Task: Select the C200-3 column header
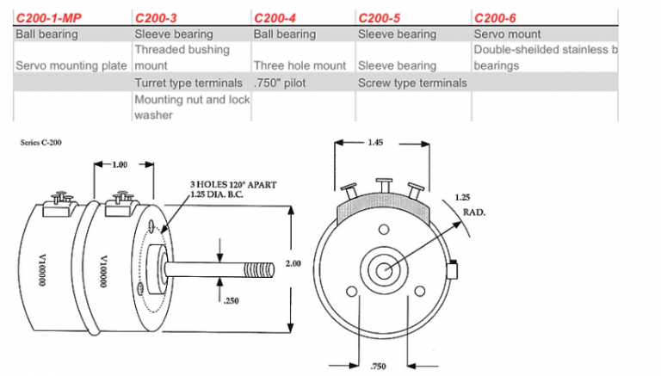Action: (x=155, y=17)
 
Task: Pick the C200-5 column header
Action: (x=379, y=17)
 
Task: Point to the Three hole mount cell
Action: (x=300, y=65)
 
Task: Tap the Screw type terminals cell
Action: (x=412, y=83)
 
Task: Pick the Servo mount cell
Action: (x=507, y=34)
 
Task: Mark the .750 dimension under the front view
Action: (x=380, y=366)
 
